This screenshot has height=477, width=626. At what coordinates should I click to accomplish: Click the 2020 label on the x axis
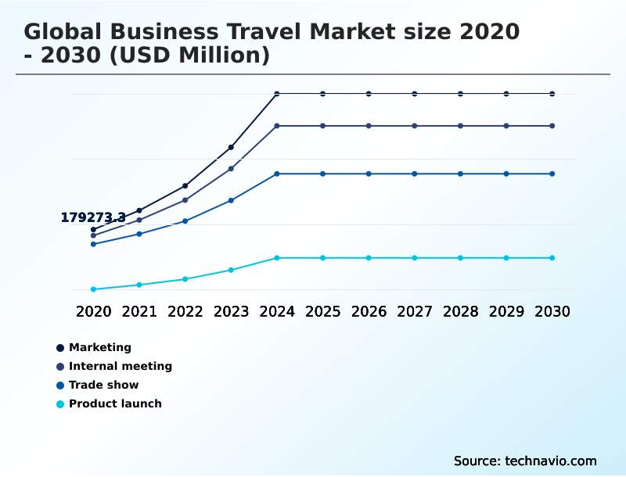(x=93, y=311)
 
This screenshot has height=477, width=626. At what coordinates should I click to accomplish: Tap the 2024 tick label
(x=277, y=311)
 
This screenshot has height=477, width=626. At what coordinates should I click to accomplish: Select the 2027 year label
(x=415, y=311)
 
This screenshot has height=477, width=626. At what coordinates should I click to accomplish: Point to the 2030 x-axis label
(x=552, y=311)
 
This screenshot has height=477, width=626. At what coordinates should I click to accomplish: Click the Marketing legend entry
(x=99, y=347)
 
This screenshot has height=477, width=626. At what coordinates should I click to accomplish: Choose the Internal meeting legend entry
(x=120, y=366)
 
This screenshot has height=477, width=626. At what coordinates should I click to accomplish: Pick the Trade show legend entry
(x=103, y=385)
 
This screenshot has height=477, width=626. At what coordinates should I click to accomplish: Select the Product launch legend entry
(x=115, y=403)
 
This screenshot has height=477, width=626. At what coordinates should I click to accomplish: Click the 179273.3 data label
(x=93, y=217)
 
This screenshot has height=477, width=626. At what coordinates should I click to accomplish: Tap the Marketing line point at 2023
(x=231, y=147)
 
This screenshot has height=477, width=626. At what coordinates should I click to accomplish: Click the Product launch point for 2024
(x=277, y=258)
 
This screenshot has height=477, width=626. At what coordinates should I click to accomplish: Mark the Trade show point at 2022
(x=185, y=221)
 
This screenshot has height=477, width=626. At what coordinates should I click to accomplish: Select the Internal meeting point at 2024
(x=277, y=126)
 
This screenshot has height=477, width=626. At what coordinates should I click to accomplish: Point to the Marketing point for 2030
(x=552, y=94)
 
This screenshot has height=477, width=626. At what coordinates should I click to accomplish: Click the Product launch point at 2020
(x=93, y=289)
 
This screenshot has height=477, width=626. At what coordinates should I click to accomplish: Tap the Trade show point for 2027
(x=415, y=174)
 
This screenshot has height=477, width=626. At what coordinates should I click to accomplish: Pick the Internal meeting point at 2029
(x=506, y=126)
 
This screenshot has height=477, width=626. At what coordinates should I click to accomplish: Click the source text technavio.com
(x=551, y=461)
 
